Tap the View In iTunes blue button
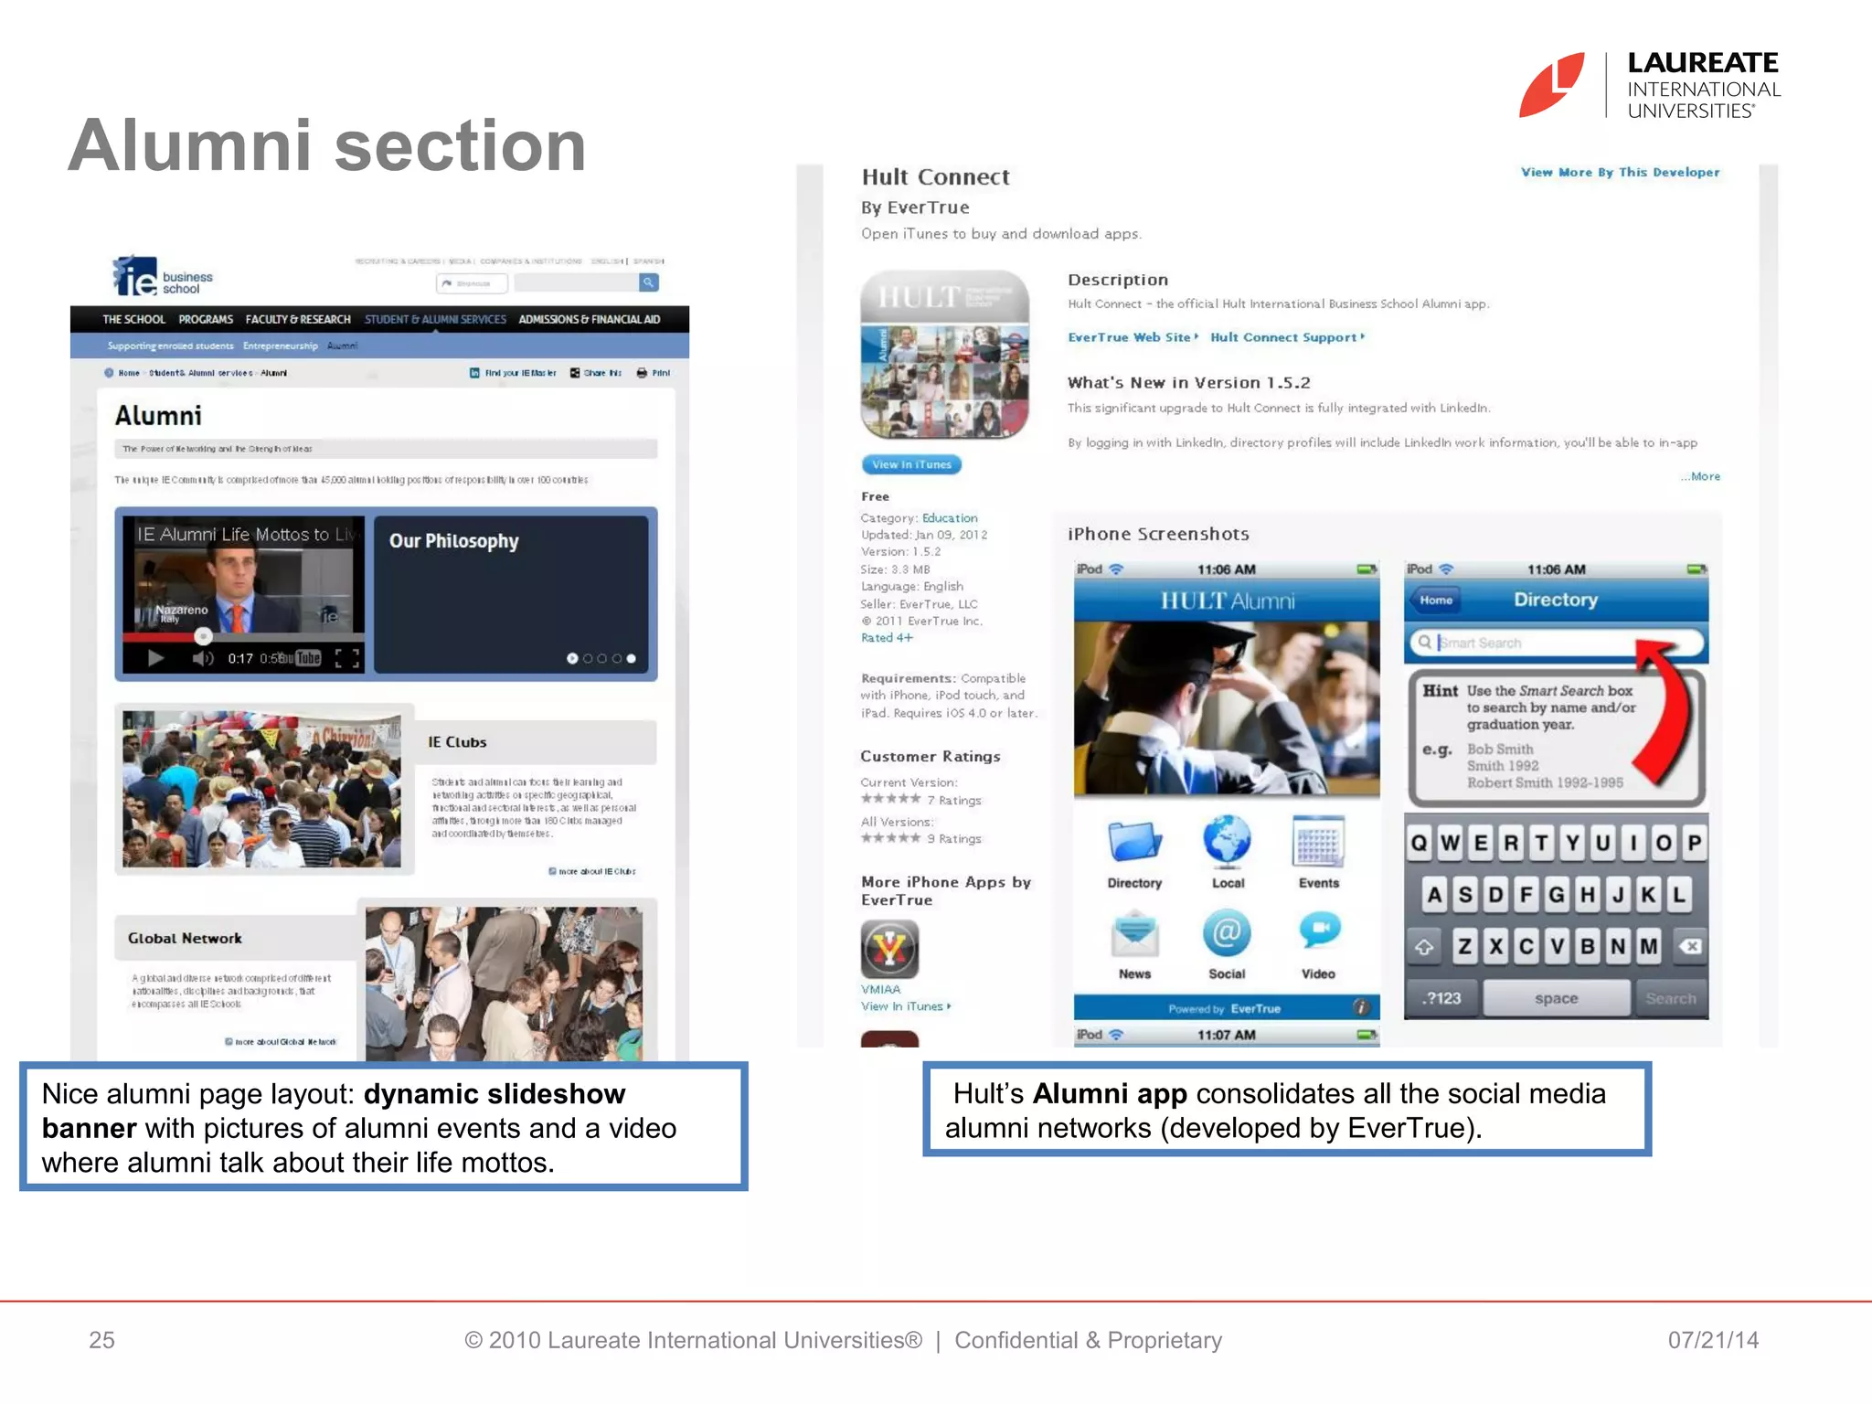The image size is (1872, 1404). tap(911, 464)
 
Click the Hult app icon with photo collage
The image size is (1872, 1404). tap(944, 355)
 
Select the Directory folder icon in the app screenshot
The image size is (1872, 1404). tap(1134, 842)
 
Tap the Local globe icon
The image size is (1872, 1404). tap(1227, 841)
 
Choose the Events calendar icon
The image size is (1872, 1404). tap(1318, 842)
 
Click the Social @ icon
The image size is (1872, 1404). tap(1227, 933)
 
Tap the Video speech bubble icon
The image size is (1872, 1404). tap(1319, 931)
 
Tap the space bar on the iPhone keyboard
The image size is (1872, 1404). tap(1556, 998)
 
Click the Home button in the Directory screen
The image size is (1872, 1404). tap(1436, 601)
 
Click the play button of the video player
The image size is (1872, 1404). tap(155, 658)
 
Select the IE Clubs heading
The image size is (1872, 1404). tap(457, 742)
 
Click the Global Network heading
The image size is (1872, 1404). tap(185, 939)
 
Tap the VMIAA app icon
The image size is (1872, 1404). tap(889, 949)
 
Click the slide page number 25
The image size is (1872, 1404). tap(101, 1340)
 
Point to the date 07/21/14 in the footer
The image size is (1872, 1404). tap(1713, 1340)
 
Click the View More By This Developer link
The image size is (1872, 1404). tap(1620, 172)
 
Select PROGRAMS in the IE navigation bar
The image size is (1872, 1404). tap(206, 319)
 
